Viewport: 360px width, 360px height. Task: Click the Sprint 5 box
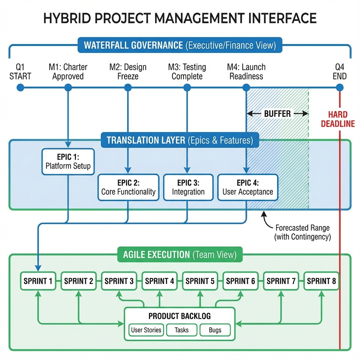coord(200,281)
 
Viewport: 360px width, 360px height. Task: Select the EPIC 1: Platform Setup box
coord(68,161)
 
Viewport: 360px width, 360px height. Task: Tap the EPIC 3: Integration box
coord(188,187)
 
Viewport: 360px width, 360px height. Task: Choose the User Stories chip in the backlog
coord(146,330)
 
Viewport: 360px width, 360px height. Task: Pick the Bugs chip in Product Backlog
coord(215,330)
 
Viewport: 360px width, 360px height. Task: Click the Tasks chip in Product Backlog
coord(181,330)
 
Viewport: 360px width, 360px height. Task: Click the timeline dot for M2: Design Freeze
coord(127,87)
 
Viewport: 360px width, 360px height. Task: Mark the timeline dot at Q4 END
coord(340,87)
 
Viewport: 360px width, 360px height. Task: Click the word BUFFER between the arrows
coord(277,114)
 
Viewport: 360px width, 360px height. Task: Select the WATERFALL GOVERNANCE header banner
coord(180,45)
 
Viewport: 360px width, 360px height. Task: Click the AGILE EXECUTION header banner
coord(180,255)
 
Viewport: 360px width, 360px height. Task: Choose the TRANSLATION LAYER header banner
coord(180,140)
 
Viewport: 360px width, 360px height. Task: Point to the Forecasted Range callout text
coord(302,232)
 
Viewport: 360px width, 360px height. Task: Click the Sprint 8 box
coord(321,281)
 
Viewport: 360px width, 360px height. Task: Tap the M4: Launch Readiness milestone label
coord(246,71)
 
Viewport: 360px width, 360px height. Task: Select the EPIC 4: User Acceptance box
coord(247,187)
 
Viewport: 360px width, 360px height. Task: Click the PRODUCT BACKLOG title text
coord(180,316)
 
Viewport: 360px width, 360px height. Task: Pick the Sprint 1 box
coord(38,281)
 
